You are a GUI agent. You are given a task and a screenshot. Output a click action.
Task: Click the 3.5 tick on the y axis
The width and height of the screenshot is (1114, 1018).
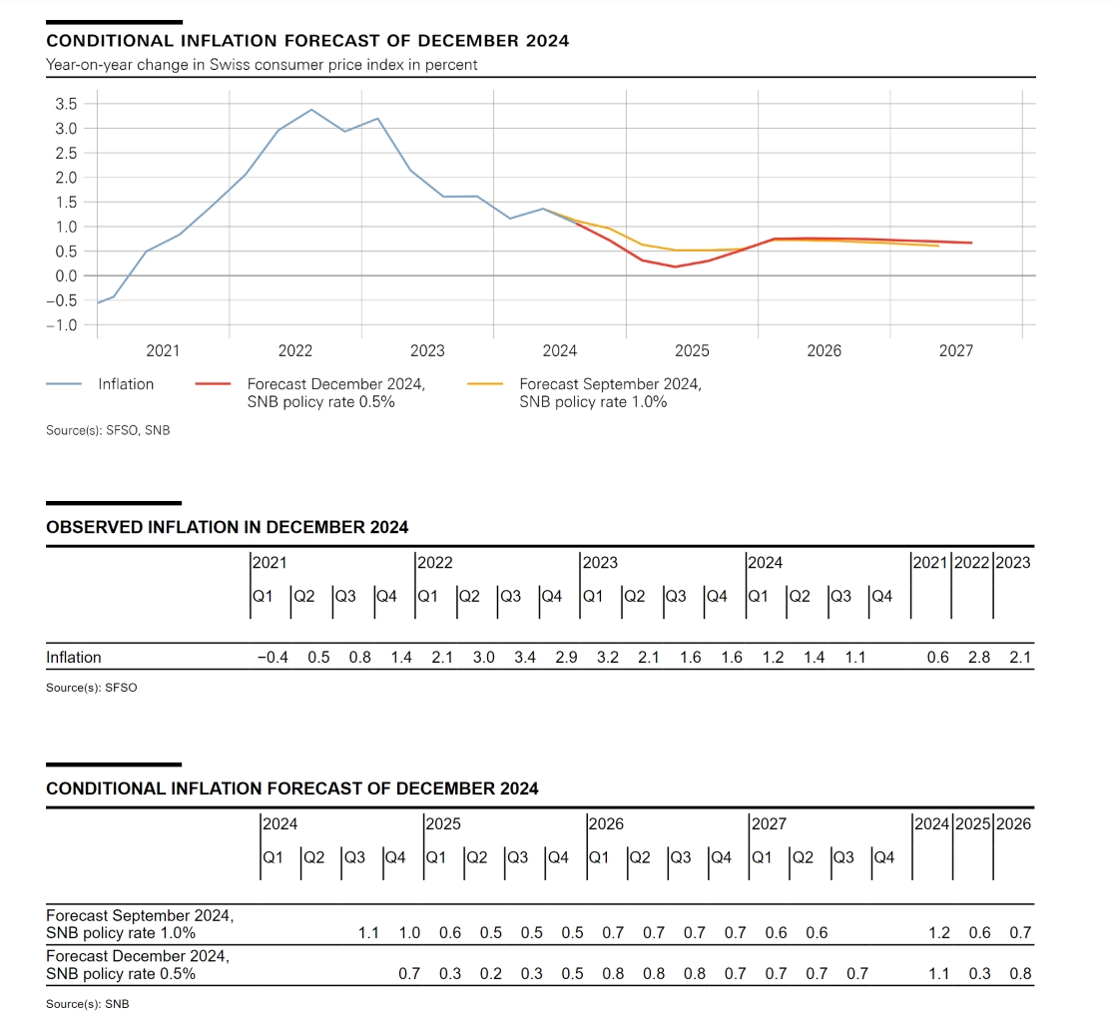(x=65, y=104)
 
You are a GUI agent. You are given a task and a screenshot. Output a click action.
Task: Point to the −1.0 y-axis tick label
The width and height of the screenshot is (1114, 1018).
(x=61, y=324)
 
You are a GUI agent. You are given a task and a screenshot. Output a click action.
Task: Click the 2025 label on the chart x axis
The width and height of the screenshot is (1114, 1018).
(x=692, y=350)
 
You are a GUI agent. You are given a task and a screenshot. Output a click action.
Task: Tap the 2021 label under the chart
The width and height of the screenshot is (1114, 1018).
(x=163, y=350)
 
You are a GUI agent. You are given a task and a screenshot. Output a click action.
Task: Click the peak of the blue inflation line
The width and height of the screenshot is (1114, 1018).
(x=311, y=110)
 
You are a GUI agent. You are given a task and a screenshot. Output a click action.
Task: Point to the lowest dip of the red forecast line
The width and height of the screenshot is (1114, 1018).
(x=675, y=266)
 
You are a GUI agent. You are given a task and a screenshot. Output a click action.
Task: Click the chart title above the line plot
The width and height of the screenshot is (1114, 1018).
(x=307, y=41)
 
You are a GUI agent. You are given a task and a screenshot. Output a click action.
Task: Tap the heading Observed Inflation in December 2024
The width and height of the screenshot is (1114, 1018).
(x=227, y=527)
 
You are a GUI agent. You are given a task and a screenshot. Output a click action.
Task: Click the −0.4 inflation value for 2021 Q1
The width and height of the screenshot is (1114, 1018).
(x=272, y=658)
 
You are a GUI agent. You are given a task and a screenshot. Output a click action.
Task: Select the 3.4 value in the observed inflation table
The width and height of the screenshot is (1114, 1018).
(x=524, y=658)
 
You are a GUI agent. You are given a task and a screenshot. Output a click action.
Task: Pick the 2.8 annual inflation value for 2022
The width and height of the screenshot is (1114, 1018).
(x=978, y=658)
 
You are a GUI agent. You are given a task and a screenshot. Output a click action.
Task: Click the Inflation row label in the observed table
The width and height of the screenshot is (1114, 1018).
(x=74, y=658)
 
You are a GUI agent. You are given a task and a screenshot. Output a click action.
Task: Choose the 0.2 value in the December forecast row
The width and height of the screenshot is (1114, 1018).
(x=491, y=974)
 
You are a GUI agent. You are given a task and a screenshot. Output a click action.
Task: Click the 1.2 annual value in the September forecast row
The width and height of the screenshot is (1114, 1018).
(x=938, y=933)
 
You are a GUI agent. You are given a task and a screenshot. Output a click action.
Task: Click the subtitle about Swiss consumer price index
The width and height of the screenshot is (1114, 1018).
(x=262, y=65)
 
